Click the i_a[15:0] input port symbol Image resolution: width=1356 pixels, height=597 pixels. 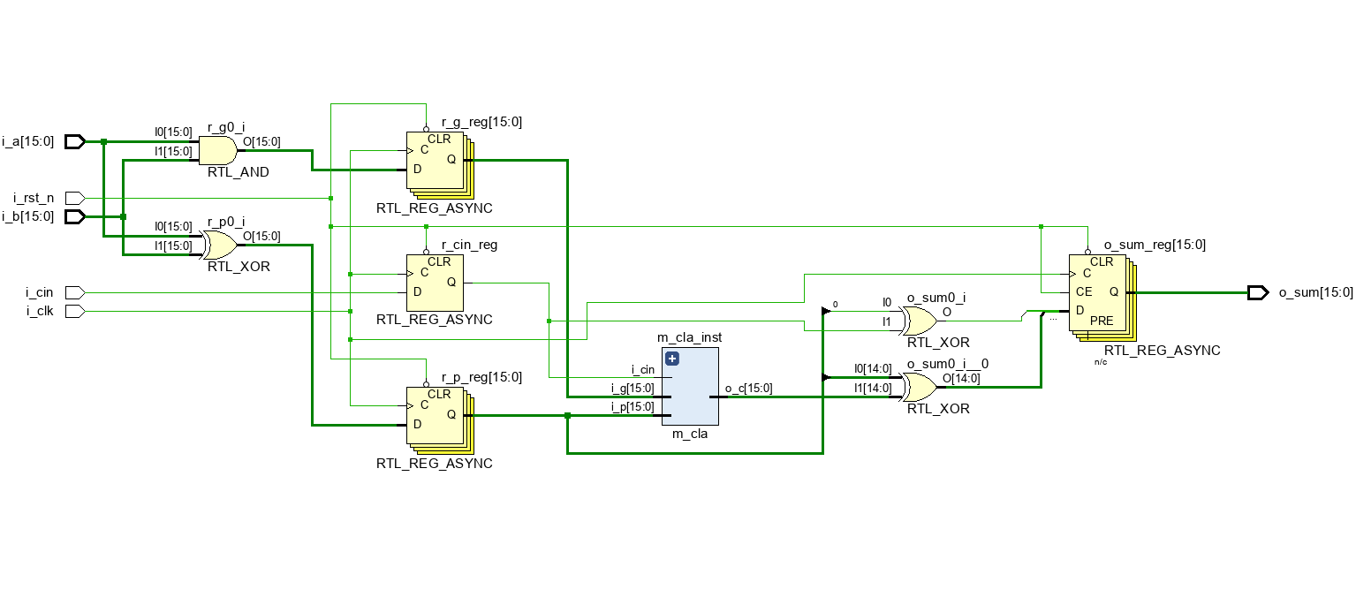tap(75, 141)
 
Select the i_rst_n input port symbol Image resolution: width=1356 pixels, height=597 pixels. tap(75, 198)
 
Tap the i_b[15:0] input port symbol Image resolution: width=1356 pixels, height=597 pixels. tap(75, 216)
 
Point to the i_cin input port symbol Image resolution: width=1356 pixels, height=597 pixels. tap(75, 292)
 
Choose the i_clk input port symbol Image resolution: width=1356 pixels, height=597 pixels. tap(75, 311)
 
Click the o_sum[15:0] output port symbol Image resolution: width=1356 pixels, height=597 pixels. tap(1258, 292)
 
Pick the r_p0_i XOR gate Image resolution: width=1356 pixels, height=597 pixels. tap(219, 245)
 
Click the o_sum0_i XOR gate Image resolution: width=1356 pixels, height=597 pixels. tap(919, 321)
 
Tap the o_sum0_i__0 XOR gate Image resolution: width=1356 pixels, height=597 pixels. tap(919, 387)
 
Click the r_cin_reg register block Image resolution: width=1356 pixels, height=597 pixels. tap(434, 282)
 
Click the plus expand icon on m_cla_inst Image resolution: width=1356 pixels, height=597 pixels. tap(671, 359)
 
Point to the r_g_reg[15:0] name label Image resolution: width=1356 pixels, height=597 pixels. tap(481, 123)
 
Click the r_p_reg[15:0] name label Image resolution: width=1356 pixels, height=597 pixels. tap(481, 377)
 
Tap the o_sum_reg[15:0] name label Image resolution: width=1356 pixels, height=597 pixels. tap(1155, 245)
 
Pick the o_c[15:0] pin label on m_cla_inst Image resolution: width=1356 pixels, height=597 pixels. tap(748, 389)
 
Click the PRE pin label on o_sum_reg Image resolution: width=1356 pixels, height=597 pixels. tap(1102, 321)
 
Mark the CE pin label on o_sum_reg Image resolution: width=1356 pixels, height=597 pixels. tap(1084, 291)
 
